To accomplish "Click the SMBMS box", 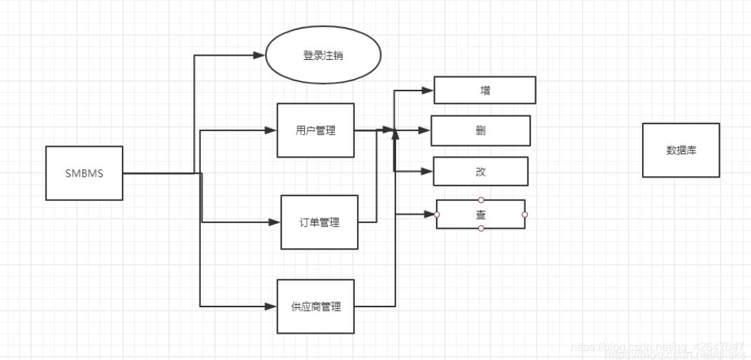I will pyautogui.click(x=84, y=173).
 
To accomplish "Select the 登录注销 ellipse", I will pyautogui.click(x=323, y=55).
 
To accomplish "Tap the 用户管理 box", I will pyautogui.click(x=316, y=130).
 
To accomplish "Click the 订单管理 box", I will pyautogui.click(x=319, y=222).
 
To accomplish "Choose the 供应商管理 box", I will pyautogui.click(x=316, y=307).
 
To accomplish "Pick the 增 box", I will pyautogui.click(x=485, y=91).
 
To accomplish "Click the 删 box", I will pyautogui.click(x=480, y=130).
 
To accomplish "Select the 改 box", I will pyautogui.click(x=480, y=172).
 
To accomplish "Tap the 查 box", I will pyautogui.click(x=480, y=214).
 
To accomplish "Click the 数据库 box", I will pyautogui.click(x=680, y=150).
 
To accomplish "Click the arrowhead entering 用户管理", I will pyautogui.click(x=270, y=130).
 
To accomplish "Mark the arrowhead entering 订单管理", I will pyautogui.click(x=274, y=222).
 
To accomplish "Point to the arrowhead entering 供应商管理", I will pyautogui.click(x=270, y=307).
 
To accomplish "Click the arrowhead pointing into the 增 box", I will pyautogui.click(x=428, y=91).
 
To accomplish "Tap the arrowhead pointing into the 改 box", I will pyautogui.click(x=428, y=172).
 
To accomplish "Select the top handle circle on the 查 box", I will pyautogui.click(x=481, y=200).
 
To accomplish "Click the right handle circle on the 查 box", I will pyautogui.click(x=524, y=214).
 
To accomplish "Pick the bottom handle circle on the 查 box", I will pyautogui.click(x=481, y=228).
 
